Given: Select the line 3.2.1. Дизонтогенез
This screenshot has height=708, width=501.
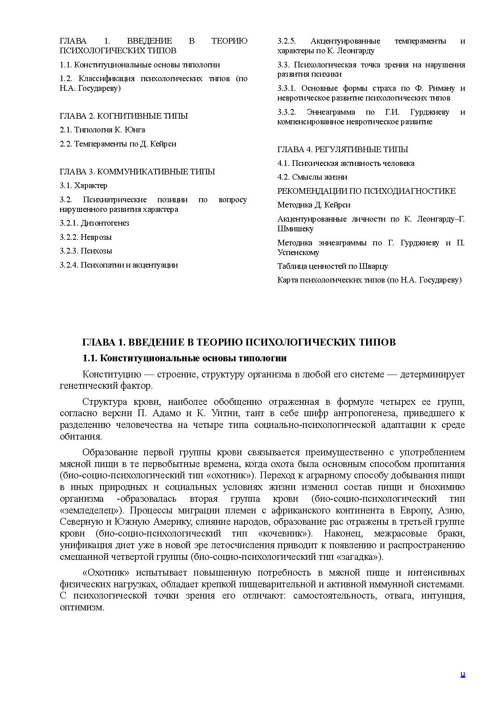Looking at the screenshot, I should pos(95,223).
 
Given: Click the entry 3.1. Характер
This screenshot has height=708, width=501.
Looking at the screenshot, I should pos(84,186).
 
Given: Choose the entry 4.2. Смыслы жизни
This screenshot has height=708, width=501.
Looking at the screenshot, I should pos(312,177).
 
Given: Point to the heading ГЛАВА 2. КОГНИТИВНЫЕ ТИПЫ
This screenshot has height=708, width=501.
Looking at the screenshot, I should pos(124,116).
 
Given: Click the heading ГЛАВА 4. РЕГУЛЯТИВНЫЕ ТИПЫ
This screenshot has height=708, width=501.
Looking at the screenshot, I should pos(343,150).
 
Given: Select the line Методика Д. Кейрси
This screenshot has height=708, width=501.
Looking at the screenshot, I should pos(314,205).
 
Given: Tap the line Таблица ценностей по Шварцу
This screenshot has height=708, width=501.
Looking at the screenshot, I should pos(333,266).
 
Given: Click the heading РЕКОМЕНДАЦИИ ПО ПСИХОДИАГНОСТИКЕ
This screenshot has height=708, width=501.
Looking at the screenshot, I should pos(366,191).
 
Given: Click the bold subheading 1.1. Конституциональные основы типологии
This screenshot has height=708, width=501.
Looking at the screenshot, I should pos(185,358).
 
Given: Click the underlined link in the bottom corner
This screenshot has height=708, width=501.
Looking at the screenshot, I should pos(463,674).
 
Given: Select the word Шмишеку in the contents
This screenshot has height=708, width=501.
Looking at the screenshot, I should pos(295,229).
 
